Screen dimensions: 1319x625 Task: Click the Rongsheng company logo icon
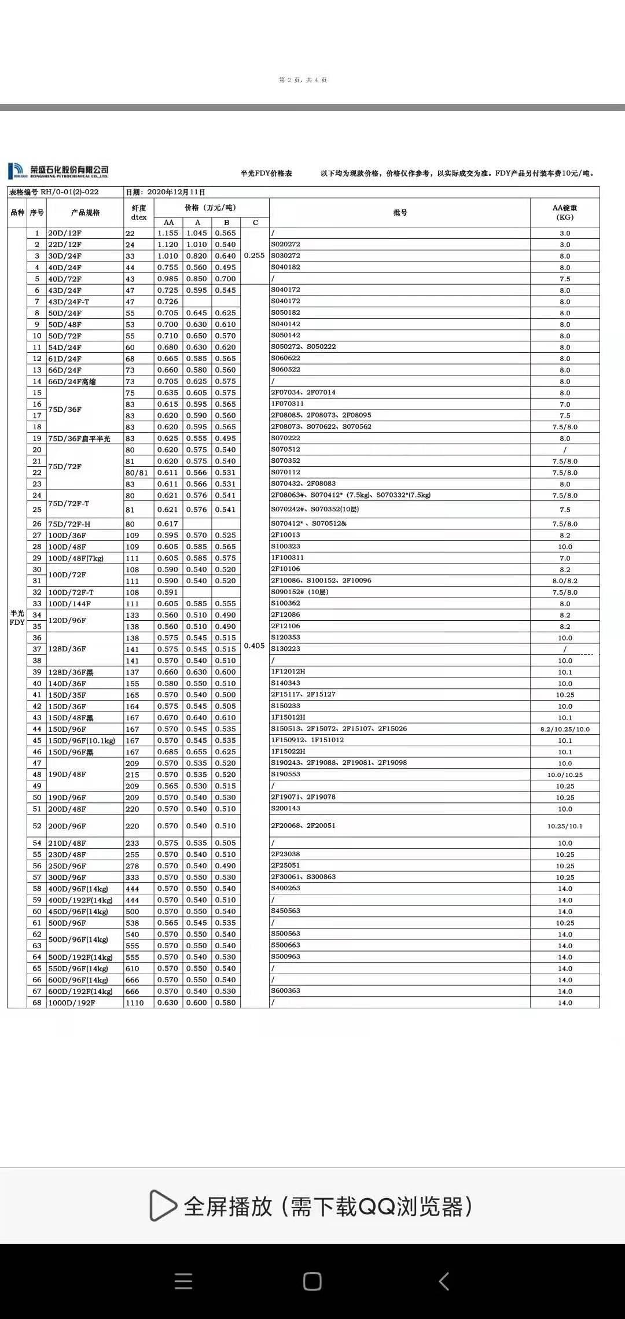16,171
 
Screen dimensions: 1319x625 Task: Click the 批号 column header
400,213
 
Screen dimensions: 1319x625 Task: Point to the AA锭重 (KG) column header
565,213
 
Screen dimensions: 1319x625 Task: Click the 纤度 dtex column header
139,213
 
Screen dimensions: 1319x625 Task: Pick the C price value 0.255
255,255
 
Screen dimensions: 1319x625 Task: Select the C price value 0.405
255,646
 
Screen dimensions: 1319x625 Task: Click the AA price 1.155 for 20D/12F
168,233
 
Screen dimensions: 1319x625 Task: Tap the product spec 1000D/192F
72,1003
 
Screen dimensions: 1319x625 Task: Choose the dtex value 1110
134,1003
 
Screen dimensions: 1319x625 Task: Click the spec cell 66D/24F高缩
69,381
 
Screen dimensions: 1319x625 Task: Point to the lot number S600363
286,990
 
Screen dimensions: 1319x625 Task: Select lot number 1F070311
288,404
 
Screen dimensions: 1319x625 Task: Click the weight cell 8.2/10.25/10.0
565,729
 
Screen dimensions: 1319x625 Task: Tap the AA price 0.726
168,301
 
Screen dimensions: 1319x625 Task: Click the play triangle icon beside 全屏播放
163,1205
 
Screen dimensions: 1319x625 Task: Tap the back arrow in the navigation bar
444,1281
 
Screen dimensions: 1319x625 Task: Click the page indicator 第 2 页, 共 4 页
303,80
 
